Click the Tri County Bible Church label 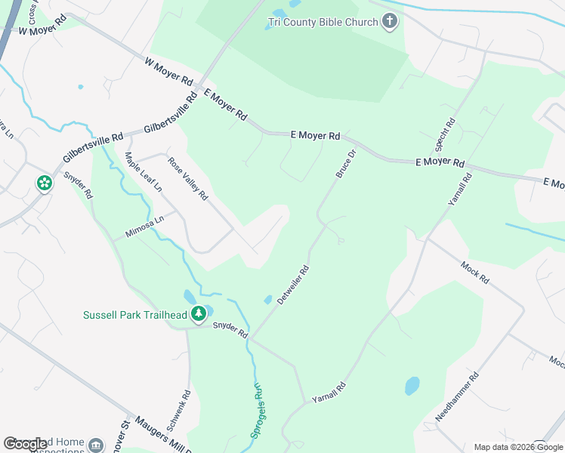(323, 22)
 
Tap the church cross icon (390, 21)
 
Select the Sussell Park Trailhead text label (134, 314)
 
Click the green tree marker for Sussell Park (198, 313)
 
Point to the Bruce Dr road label (346, 164)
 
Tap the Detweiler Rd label (293, 284)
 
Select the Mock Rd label (474, 272)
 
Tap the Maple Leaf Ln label (144, 172)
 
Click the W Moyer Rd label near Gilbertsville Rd (168, 72)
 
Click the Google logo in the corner (26, 444)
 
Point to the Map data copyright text (519, 447)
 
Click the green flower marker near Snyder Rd (45, 183)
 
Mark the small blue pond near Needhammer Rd (412, 386)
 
